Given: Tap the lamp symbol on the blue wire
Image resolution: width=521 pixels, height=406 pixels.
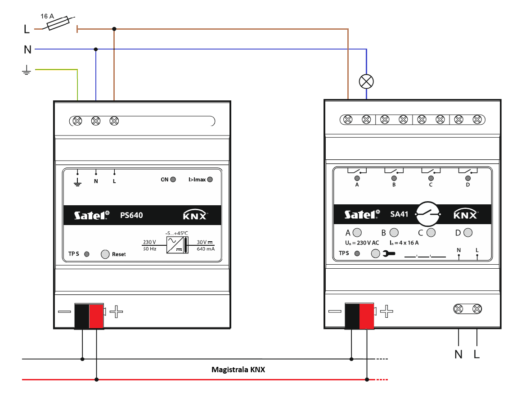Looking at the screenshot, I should pos(366,81).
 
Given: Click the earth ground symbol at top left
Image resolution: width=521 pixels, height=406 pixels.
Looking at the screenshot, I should pos(27,70).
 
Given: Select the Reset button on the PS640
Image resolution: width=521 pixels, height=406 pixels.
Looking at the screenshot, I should pos(105,254).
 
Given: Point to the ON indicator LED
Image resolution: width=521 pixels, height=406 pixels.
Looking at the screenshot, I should pos(173,180).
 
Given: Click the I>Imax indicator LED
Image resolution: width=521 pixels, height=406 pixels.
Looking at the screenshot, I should pos(210,180).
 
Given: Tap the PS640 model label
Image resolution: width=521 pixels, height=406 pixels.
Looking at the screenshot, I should pos(131,215).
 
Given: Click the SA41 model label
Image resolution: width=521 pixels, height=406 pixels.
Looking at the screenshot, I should pos(399,214).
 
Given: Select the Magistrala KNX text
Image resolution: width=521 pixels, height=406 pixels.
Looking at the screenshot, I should pos(238,370).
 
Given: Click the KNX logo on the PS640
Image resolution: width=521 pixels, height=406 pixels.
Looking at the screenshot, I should pos(195,215).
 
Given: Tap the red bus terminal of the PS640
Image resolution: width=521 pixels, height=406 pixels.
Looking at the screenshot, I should pos(96,316).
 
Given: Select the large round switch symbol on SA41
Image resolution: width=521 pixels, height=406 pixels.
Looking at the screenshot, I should pos(427,214).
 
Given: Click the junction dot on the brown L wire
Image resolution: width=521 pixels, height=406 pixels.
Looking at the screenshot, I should pos(114,29).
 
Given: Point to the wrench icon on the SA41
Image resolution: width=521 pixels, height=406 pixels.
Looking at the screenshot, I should pos(389,254).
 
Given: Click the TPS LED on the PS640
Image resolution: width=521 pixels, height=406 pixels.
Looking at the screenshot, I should pos(87,254).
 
